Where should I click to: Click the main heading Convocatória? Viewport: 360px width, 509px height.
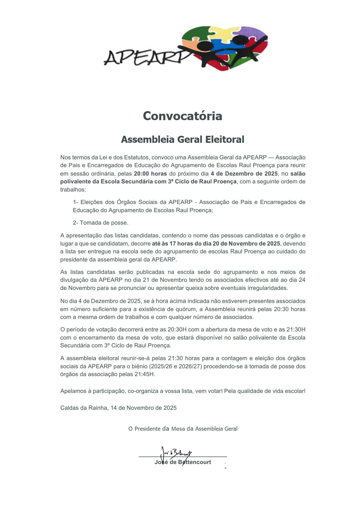(182, 116)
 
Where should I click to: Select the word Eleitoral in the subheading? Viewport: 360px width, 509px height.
(225, 139)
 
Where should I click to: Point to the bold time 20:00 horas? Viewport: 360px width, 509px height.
(150, 174)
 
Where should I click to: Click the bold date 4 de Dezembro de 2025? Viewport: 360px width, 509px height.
(244, 174)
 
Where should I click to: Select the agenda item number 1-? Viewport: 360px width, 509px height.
(75, 202)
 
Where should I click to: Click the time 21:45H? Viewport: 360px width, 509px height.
(144, 374)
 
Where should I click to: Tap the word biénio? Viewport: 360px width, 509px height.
(139, 366)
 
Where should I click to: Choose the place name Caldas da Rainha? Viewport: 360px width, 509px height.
(84, 408)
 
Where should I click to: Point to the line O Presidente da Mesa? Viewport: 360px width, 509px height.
(183, 429)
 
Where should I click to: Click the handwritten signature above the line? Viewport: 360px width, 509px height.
(177, 452)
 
